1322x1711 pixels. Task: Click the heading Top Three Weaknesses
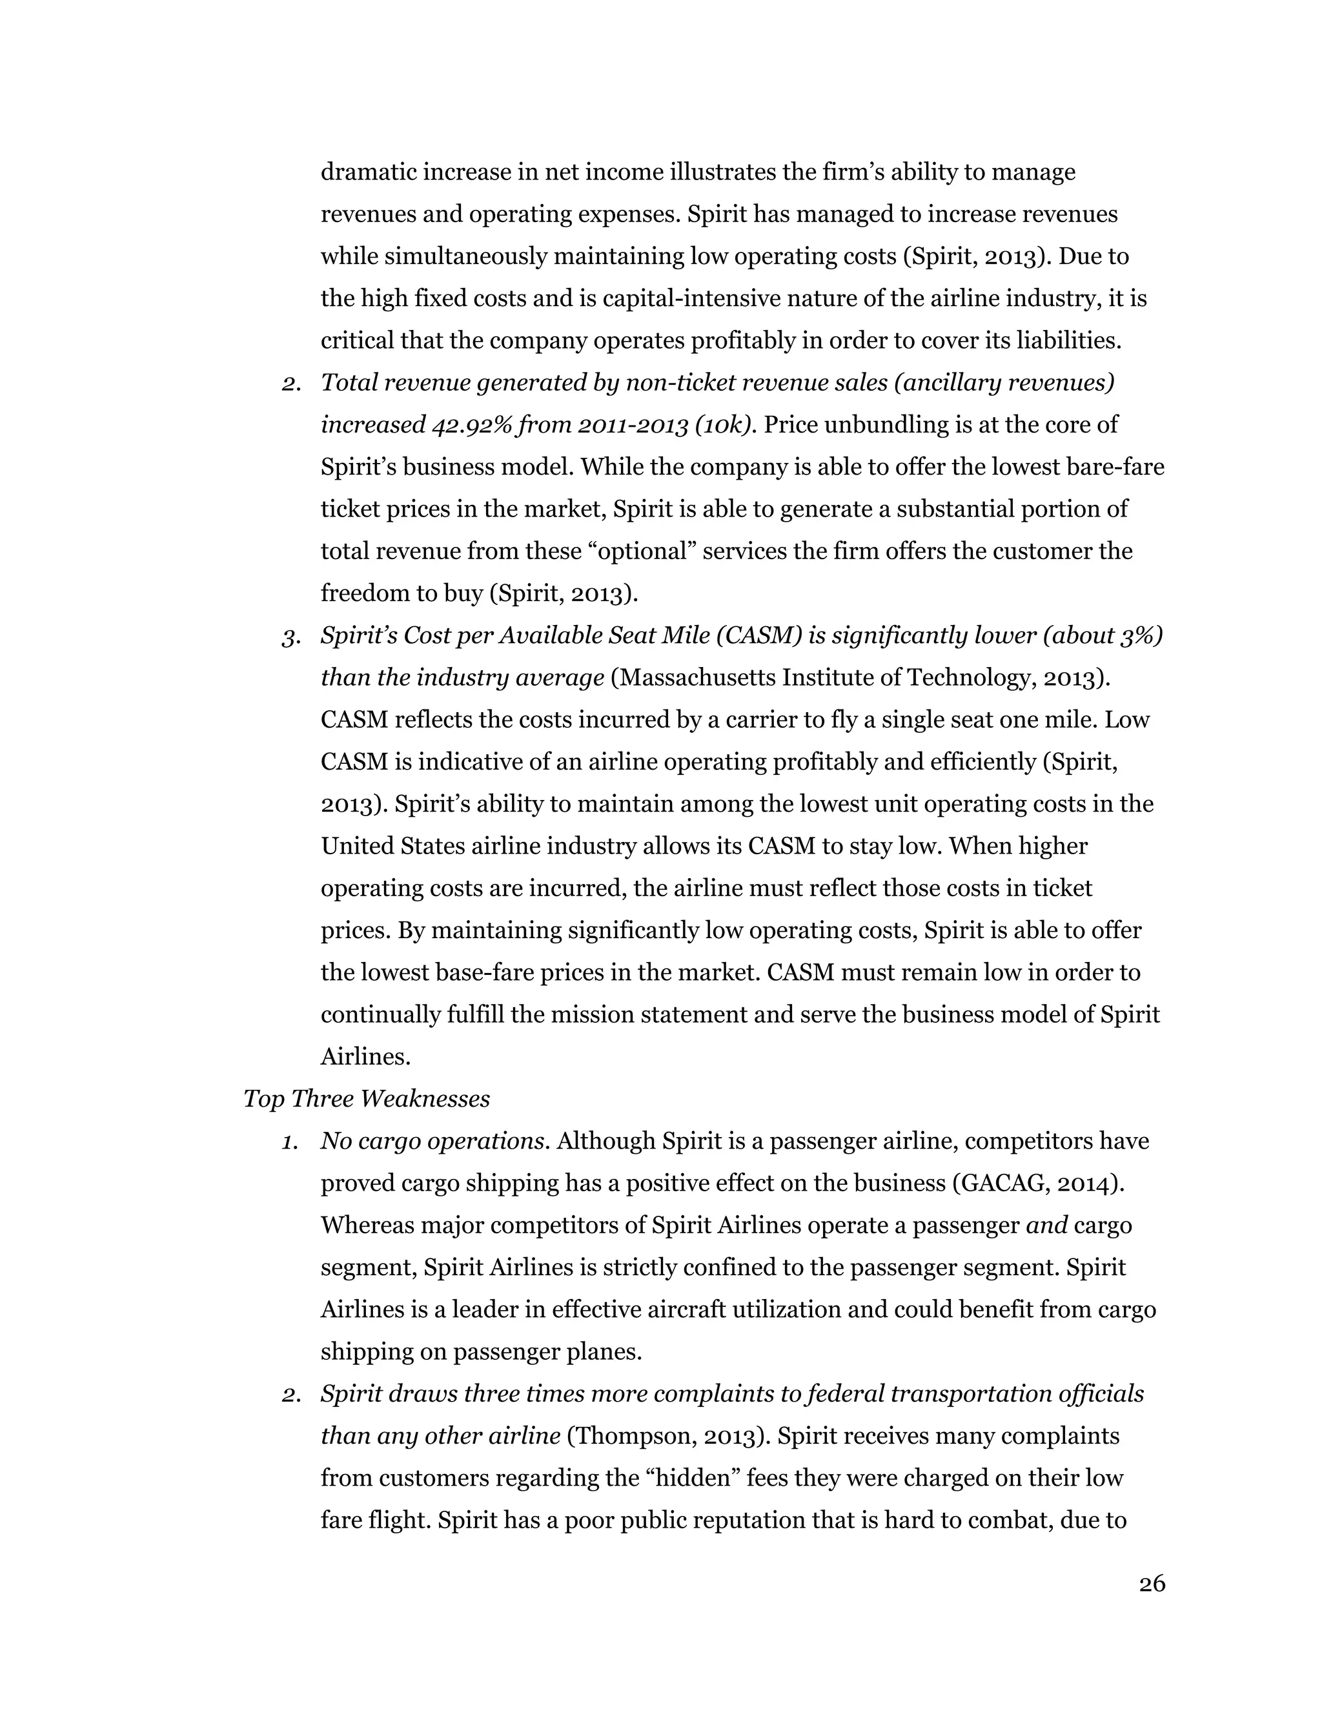tap(367, 1099)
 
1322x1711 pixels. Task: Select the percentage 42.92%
tap(469, 425)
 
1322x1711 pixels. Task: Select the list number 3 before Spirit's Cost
tap(290, 637)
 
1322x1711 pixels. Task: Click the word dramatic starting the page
tap(368, 172)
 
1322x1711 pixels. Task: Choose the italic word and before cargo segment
tap(1046, 1225)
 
